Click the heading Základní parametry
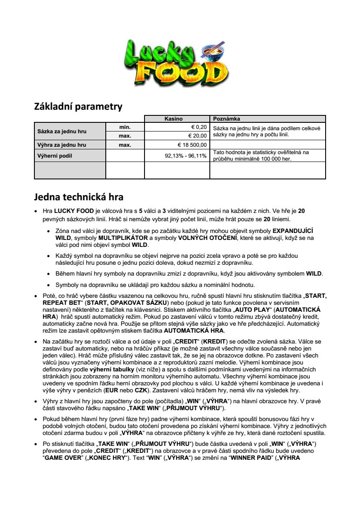coord(78,106)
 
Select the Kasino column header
coord(177,118)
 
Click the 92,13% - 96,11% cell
coord(185,156)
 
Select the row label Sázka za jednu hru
coord(62,131)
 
